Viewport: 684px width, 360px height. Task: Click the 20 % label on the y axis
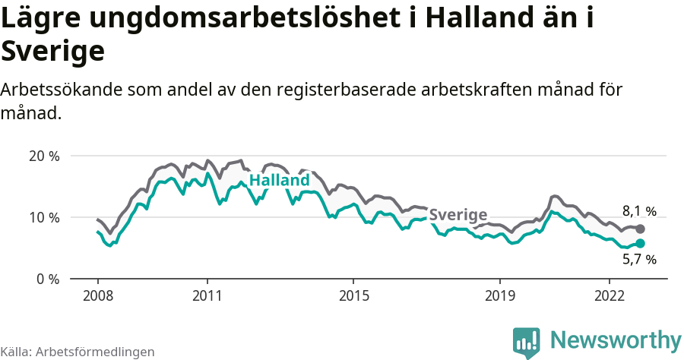43,156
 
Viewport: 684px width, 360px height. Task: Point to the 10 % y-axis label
43,218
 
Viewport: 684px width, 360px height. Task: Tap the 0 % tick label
47,279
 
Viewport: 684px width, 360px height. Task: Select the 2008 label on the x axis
97,295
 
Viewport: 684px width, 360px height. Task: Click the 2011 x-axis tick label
207,295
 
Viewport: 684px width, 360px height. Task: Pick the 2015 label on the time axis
353,295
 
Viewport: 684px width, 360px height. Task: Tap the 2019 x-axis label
500,295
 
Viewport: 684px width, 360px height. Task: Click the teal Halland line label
280,181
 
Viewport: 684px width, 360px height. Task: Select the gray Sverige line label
458,215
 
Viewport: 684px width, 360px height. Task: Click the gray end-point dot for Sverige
641,229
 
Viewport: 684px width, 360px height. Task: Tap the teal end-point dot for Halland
641,243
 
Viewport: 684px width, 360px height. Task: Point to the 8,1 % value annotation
639,211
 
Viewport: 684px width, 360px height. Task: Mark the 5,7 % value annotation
639,260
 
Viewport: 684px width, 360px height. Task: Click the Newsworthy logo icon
527,342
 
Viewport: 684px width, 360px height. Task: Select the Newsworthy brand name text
616,339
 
